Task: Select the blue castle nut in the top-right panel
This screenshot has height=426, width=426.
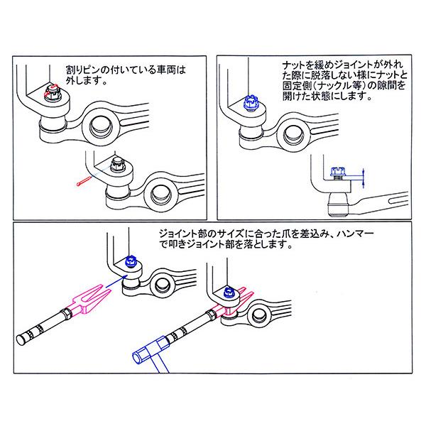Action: [249, 104]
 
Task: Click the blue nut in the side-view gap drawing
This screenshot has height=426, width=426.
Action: [337, 173]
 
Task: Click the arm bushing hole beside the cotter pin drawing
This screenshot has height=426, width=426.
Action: [160, 192]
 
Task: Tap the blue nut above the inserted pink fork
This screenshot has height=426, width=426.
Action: [230, 292]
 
